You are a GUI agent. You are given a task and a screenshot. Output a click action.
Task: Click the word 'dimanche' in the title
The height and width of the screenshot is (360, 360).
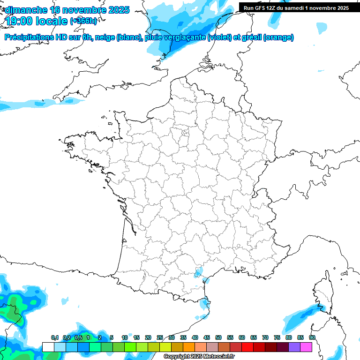(26, 10)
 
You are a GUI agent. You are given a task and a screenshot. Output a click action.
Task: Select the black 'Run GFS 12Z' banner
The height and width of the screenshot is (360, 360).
(296, 7)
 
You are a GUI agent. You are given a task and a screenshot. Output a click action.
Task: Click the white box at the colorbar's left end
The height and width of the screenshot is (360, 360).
(48, 347)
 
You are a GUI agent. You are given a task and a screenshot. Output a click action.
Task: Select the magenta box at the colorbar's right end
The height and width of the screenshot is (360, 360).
(306, 347)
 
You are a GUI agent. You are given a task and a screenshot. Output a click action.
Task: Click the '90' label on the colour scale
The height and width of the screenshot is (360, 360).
(312, 337)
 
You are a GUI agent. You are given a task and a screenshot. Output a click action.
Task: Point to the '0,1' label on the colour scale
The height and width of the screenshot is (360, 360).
(55, 337)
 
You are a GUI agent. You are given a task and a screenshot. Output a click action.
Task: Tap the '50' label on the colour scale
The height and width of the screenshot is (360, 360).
(218, 337)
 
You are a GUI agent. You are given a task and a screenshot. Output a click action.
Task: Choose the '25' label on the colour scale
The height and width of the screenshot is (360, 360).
(160, 337)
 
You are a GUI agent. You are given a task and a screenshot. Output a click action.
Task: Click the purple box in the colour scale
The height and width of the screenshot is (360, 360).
(294, 347)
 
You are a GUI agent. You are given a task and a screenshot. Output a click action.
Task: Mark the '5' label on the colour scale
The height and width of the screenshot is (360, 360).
(112, 337)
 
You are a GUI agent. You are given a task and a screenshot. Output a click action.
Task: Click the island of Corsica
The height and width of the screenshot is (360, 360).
(323, 293)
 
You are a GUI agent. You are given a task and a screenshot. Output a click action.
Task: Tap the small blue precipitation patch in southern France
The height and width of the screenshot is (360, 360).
(199, 272)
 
